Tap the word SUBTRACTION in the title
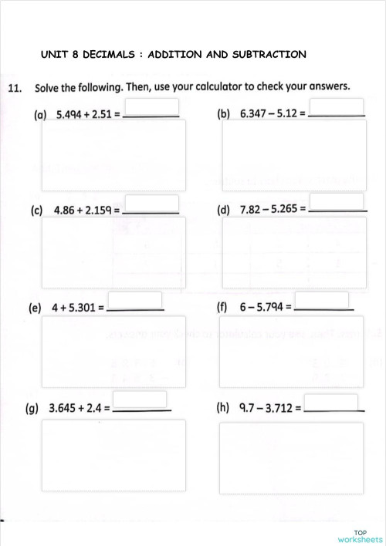[269, 55]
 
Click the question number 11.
[14, 87]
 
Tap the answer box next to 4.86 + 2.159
[151, 203]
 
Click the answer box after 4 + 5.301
[135, 300]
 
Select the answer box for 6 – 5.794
[322, 300]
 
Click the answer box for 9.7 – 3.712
[332, 402]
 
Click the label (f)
[222, 307]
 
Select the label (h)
[224, 406]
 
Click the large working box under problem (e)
[114, 351]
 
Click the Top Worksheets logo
[360, 536]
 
